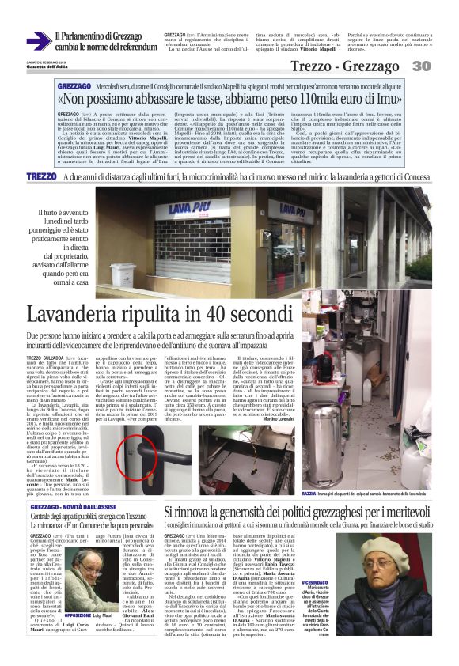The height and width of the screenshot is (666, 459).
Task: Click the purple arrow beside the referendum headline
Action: pos(37,40)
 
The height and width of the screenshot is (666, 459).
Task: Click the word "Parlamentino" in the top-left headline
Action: pos(89,36)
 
